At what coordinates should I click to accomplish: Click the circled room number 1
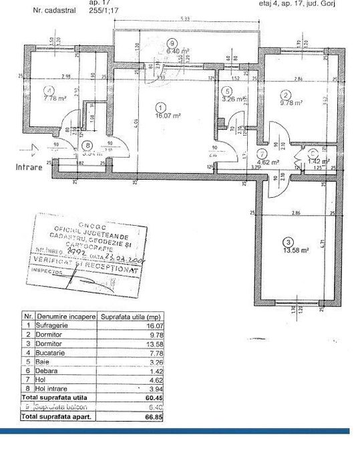click(160, 106)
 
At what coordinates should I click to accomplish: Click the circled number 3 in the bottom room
click(287, 241)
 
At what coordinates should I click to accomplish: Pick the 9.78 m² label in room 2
click(292, 104)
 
